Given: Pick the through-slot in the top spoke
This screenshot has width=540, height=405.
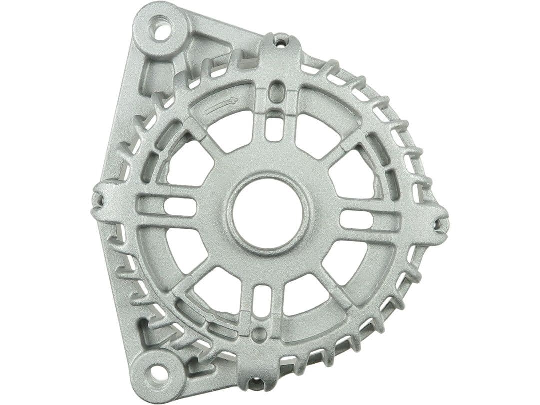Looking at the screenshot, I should (273, 125).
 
